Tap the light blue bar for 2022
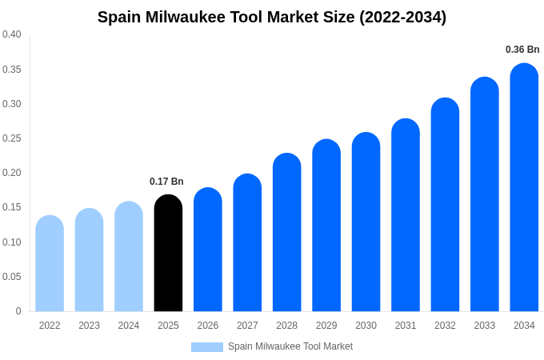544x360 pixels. (50, 263)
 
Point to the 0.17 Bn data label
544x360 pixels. (166, 182)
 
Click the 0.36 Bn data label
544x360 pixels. (522, 50)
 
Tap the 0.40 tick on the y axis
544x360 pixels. (12, 34)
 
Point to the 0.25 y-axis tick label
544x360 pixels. (12, 138)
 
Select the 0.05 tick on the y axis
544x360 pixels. (12, 277)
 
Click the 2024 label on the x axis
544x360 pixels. (129, 326)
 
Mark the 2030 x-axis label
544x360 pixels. (366, 326)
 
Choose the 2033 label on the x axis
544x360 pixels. (484, 326)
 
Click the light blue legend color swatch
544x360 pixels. (206, 347)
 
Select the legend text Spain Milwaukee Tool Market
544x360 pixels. (290, 346)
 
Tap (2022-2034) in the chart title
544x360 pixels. (402, 17)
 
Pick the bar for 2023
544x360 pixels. (89, 260)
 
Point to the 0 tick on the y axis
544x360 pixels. (18, 311)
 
